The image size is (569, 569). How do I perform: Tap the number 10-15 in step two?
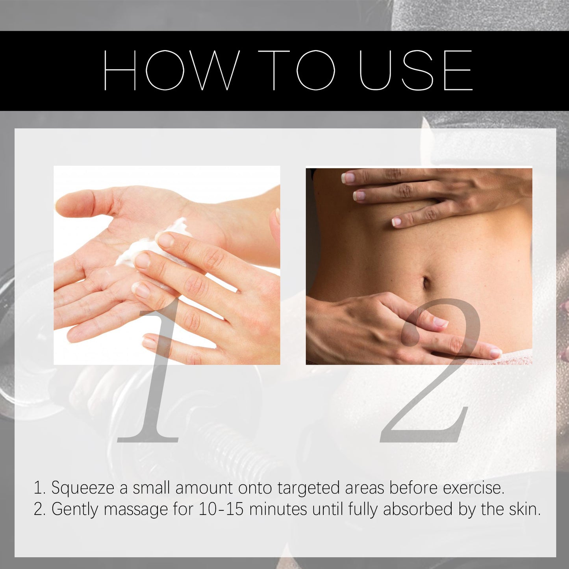(x=221, y=509)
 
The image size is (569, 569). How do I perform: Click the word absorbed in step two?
(x=418, y=509)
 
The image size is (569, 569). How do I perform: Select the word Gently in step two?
(x=75, y=510)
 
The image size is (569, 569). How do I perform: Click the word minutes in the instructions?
(x=278, y=509)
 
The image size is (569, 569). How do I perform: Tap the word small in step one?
(x=152, y=488)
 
